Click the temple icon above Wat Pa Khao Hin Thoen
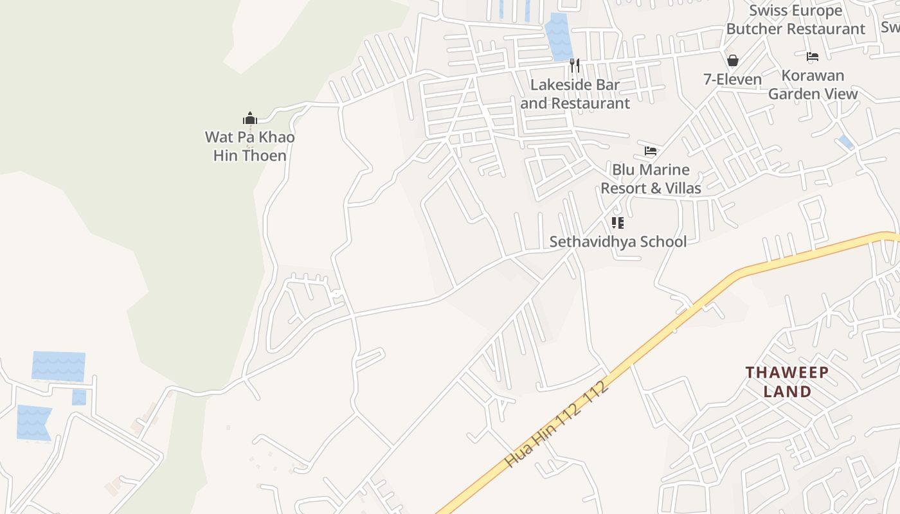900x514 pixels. click(x=250, y=118)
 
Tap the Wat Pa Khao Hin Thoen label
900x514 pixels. click(x=249, y=146)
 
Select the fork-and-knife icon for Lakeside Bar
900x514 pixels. click(x=575, y=66)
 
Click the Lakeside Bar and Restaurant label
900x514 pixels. click(x=575, y=94)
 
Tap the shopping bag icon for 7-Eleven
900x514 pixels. click(x=732, y=61)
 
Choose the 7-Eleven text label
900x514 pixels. click(x=732, y=80)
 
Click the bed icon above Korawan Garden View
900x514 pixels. click(x=813, y=57)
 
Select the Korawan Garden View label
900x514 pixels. click(x=813, y=85)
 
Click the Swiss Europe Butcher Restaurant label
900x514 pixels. click(x=796, y=20)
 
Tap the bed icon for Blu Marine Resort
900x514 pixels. click(x=651, y=151)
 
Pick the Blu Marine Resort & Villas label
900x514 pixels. click(x=651, y=179)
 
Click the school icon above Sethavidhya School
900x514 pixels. click(x=618, y=223)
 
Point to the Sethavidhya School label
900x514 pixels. click(x=618, y=242)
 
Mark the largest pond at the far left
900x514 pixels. click(x=59, y=366)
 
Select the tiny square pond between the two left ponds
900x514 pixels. click(x=79, y=397)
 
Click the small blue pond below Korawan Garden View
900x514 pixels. click(x=846, y=142)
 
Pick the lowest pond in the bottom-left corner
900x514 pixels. click(x=33, y=423)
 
